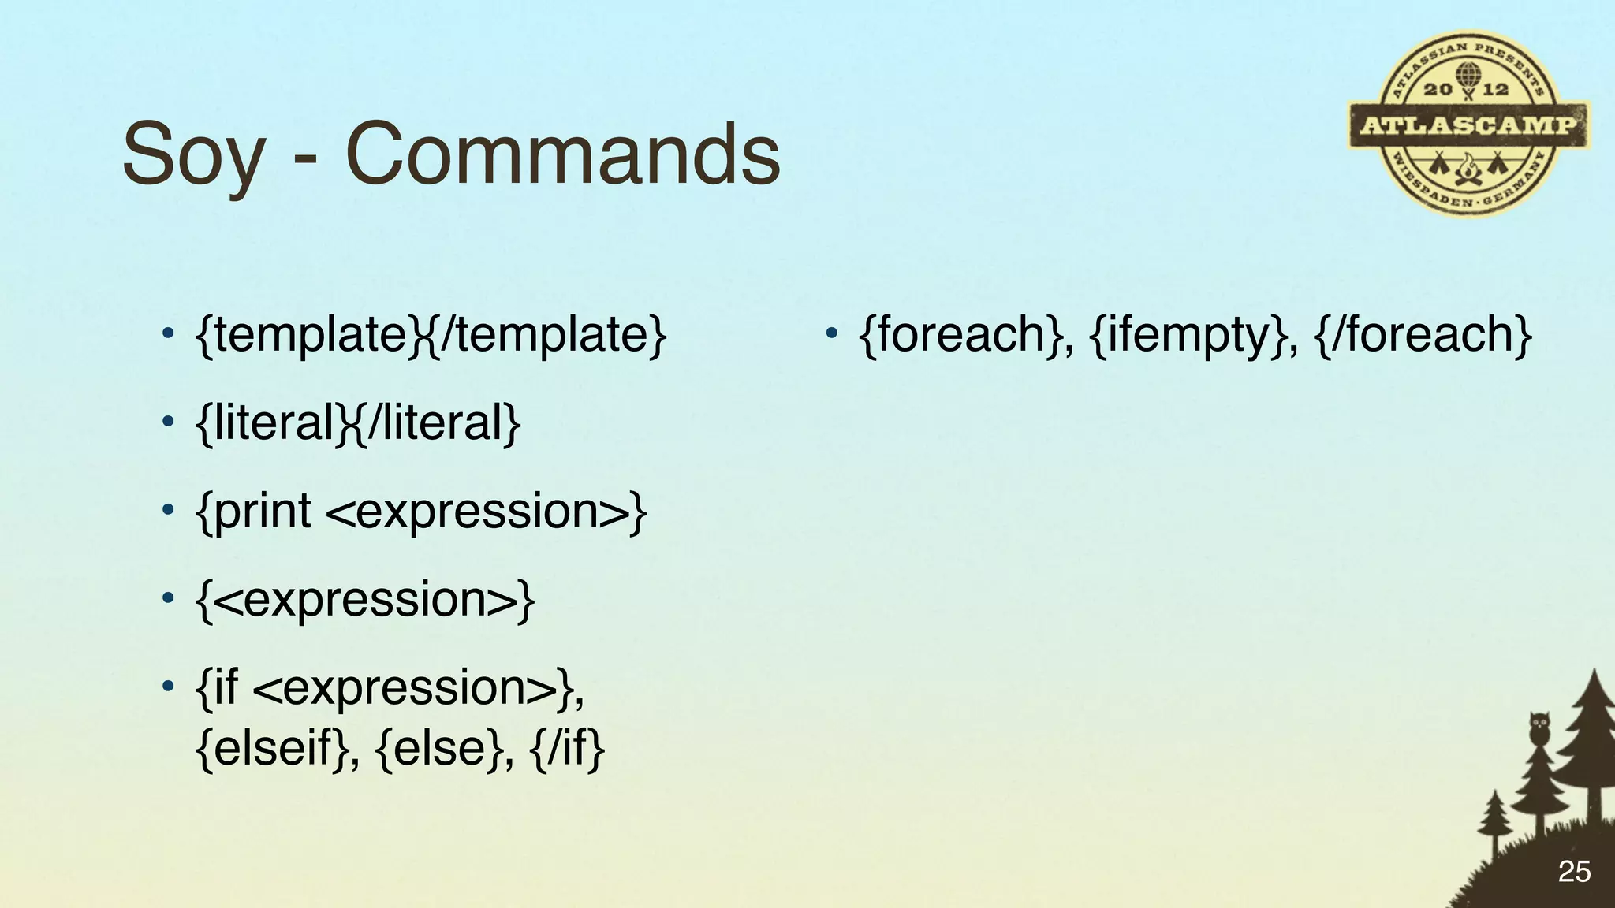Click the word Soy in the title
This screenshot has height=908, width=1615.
click(193, 154)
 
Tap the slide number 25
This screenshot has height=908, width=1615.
click(1574, 872)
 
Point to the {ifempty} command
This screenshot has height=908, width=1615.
click(1192, 335)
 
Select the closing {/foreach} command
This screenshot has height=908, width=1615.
click(1424, 335)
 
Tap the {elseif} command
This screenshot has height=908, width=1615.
click(272, 747)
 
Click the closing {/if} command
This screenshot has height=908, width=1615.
click(568, 747)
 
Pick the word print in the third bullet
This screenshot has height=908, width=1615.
click(262, 512)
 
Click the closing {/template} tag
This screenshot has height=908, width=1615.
click(548, 335)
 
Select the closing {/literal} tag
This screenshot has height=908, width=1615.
click(438, 423)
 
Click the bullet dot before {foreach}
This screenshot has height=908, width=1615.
click(830, 333)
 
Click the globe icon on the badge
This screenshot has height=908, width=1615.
click(1468, 75)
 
